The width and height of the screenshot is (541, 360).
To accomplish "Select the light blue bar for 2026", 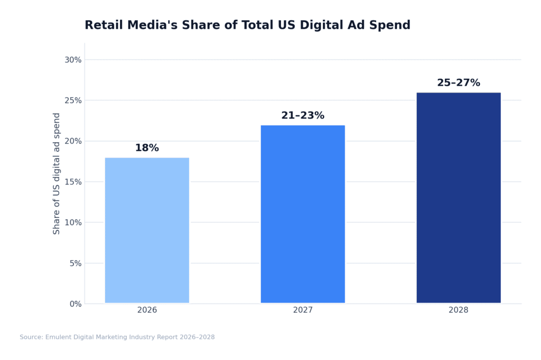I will pyautogui.click(x=147, y=230).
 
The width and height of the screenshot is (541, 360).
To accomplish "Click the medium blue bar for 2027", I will pyautogui.click(x=303, y=214).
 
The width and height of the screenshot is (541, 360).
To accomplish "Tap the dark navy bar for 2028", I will pyautogui.click(x=459, y=198).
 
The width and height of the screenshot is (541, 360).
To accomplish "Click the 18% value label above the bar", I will pyautogui.click(x=147, y=148).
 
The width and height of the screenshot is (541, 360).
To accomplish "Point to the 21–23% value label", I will pyautogui.click(x=303, y=115).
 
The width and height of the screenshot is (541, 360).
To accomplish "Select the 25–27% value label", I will pyautogui.click(x=459, y=83).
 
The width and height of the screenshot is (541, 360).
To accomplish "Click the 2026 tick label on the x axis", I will pyautogui.click(x=147, y=310).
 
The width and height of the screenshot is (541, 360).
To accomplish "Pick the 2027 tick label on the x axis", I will pyautogui.click(x=303, y=310).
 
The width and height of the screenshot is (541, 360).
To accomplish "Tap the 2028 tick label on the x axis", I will pyautogui.click(x=459, y=310).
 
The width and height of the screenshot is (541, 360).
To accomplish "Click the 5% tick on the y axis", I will pyautogui.click(x=76, y=263).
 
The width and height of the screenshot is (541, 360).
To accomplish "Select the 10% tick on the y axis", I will pyautogui.click(x=73, y=223).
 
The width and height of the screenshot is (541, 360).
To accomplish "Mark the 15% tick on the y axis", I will pyautogui.click(x=73, y=182).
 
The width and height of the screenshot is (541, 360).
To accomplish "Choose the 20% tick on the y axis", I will pyautogui.click(x=73, y=141).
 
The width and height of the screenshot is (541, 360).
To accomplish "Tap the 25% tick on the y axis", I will pyautogui.click(x=73, y=100).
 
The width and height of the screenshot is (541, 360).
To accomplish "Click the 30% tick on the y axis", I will pyautogui.click(x=73, y=60).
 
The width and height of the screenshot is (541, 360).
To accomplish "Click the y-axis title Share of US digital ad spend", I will pyautogui.click(x=57, y=173).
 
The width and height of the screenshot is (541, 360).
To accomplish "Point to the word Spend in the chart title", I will pyautogui.click(x=393, y=25).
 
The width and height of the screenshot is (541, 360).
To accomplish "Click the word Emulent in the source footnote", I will pyautogui.click(x=59, y=337).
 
